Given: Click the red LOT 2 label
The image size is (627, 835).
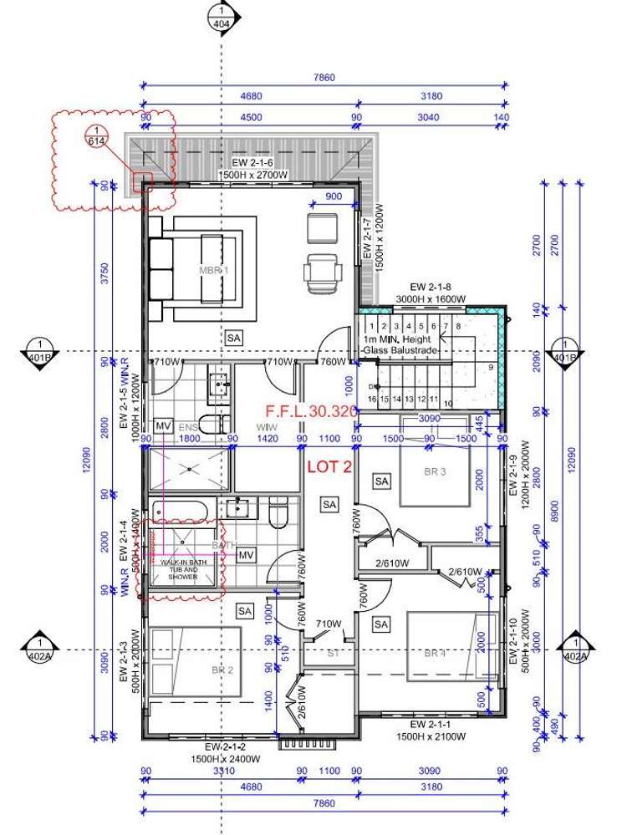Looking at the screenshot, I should coord(329,467).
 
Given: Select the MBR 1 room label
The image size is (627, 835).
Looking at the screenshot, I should coord(213,271).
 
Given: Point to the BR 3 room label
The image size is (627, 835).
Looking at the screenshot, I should coord(436,471).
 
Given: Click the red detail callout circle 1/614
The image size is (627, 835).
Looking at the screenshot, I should coord(98,135).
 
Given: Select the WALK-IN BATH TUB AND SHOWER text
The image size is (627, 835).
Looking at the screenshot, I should coord(182,568).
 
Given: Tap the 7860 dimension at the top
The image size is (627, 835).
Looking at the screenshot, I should coord(324,78).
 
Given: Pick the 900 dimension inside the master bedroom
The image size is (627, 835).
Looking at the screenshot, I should coord(333,196).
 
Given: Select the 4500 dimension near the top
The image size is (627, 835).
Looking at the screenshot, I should coord(250,118).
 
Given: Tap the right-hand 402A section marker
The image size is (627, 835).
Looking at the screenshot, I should coord(575,649).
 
